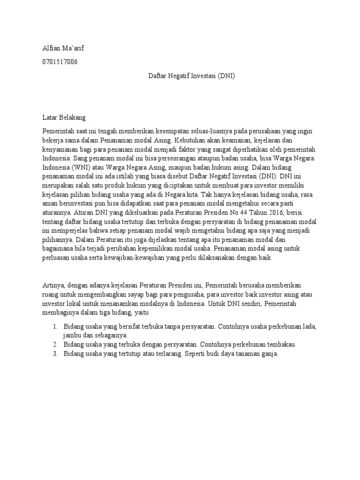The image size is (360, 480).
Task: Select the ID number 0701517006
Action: click(x=60, y=62)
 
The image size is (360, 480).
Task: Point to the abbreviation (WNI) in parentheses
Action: click(x=81, y=167)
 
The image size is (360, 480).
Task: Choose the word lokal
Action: click(x=75, y=304)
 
